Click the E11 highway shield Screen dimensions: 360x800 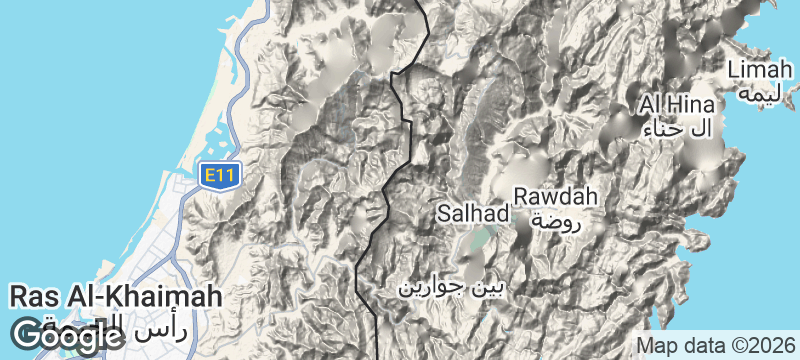click(x=218, y=176)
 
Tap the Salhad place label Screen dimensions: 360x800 click(x=473, y=214)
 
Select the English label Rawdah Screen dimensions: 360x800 click(x=555, y=196)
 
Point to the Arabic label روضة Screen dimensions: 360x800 click(x=555, y=221)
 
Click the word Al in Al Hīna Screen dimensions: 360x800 click(x=652, y=105)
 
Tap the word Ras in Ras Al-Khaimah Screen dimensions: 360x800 click(x=30, y=297)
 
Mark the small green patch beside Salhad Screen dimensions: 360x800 click(x=482, y=238)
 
